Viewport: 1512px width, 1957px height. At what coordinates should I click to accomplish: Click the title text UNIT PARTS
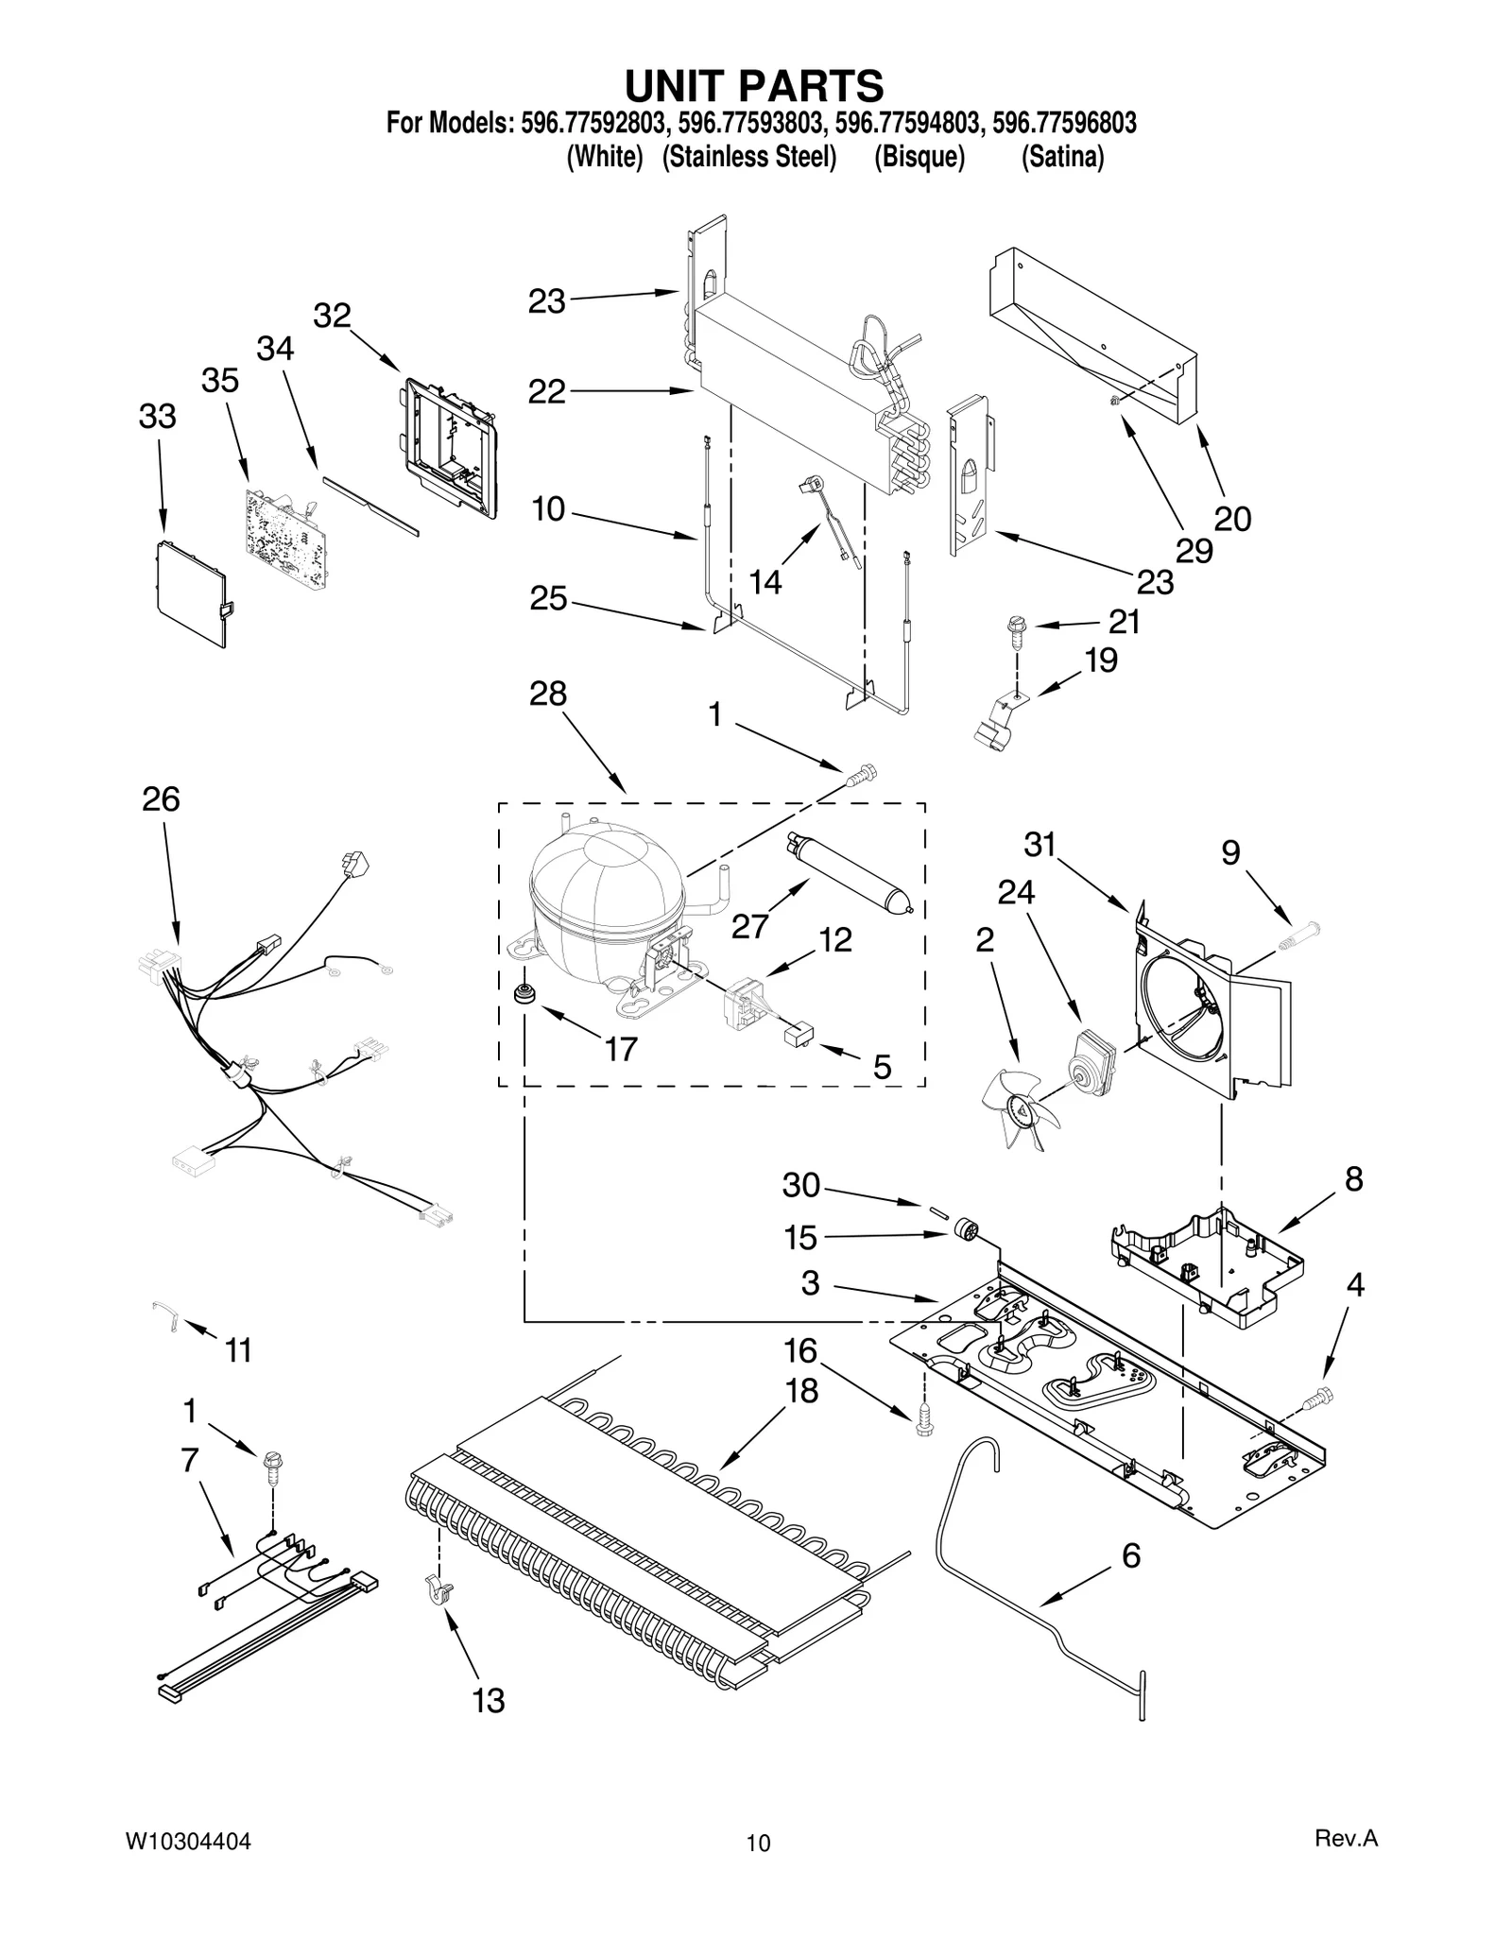[x=754, y=86]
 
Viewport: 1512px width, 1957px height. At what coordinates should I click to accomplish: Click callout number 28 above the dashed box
[x=548, y=694]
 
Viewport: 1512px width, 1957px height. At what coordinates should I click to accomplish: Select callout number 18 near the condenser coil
[x=801, y=1391]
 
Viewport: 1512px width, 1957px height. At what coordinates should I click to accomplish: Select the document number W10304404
[x=188, y=1841]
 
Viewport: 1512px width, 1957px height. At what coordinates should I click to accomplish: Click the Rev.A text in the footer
[x=1346, y=1839]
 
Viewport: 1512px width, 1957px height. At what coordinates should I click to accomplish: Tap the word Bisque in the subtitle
[x=919, y=157]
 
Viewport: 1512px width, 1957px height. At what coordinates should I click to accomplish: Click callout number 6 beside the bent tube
[x=1131, y=1555]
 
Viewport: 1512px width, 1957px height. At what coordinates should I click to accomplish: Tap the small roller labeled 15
[x=966, y=1231]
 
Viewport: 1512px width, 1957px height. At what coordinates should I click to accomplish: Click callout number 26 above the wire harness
[x=161, y=799]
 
